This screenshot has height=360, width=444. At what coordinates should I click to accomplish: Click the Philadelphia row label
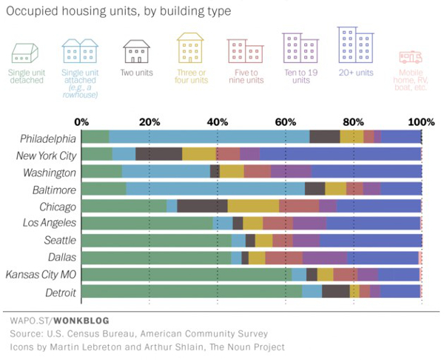[x=48, y=138]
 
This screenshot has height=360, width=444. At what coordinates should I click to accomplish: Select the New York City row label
[x=46, y=155]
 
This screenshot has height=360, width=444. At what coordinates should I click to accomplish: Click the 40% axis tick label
[x=217, y=121]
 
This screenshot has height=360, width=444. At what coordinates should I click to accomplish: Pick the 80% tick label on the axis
[x=353, y=121]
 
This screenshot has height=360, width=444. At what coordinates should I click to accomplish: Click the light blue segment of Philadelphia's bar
[x=209, y=136]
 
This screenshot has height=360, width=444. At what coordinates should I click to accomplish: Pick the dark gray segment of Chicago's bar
[x=202, y=205]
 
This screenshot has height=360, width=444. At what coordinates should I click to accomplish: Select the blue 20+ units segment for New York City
[x=340, y=153]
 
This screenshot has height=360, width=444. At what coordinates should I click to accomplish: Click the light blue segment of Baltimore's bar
[x=215, y=188]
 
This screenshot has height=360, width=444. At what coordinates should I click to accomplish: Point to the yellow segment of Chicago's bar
[x=253, y=205]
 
